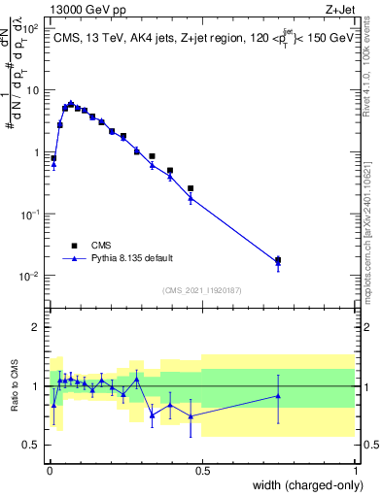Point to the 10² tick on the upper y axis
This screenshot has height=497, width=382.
[32, 28]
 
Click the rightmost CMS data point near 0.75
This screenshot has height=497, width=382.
[278, 260]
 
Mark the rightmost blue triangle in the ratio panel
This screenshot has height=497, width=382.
[278, 395]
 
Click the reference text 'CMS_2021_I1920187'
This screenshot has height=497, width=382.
[201, 290]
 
